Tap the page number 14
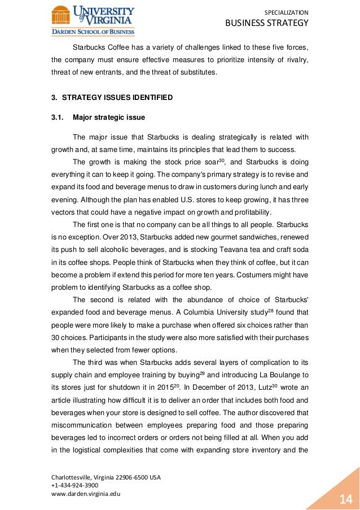345,498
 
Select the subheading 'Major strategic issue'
109,117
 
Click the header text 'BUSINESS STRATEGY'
267,23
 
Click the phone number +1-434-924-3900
74,485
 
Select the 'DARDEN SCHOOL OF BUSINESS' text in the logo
93,32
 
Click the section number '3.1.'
58,117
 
